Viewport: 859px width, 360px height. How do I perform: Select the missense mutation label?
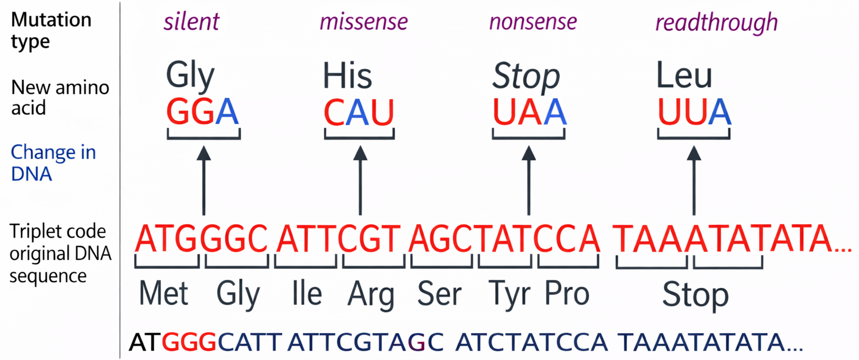click(364, 21)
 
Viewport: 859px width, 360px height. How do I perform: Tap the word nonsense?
click(533, 21)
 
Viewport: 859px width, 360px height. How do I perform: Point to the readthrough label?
click(717, 22)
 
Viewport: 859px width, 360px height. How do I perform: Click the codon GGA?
click(203, 111)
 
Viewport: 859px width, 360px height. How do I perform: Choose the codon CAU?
click(359, 112)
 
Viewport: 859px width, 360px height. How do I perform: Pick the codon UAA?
click(529, 111)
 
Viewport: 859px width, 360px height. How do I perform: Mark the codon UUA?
click(695, 111)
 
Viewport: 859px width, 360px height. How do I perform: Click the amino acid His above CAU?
click(348, 75)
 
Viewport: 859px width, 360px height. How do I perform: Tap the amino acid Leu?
click(684, 75)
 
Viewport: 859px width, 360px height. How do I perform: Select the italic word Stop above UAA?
click(526, 77)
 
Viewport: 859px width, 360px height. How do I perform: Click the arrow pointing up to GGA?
click(204, 181)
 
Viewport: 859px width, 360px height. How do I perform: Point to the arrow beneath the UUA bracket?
click(694, 181)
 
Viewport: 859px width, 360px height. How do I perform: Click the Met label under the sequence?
click(163, 293)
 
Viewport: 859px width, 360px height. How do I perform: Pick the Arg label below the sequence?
click(371, 295)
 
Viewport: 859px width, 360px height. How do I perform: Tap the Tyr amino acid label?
click(510, 295)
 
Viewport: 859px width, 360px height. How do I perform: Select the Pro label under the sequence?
click(567, 294)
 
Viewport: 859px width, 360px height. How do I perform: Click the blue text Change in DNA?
click(53, 163)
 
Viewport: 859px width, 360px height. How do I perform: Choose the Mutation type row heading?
click(51, 30)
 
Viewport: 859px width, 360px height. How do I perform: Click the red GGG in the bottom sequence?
click(189, 342)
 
